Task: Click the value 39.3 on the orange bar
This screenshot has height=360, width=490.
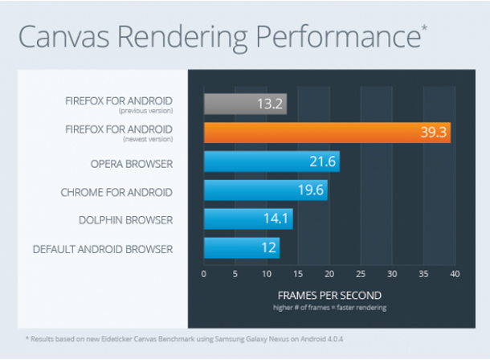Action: tap(433, 133)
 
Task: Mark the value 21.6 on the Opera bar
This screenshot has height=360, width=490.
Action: tap(322, 162)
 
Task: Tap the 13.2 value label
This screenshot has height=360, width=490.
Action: tap(269, 104)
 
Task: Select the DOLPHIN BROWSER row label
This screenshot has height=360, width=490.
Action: tap(125, 220)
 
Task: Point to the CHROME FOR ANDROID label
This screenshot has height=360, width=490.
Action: tap(116, 192)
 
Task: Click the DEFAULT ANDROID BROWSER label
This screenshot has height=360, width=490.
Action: tap(103, 249)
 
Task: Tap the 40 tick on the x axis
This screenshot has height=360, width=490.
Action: tap(454, 273)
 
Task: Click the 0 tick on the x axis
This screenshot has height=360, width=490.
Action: tap(204, 273)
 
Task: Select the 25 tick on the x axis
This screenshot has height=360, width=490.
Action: tap(361, 273)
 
